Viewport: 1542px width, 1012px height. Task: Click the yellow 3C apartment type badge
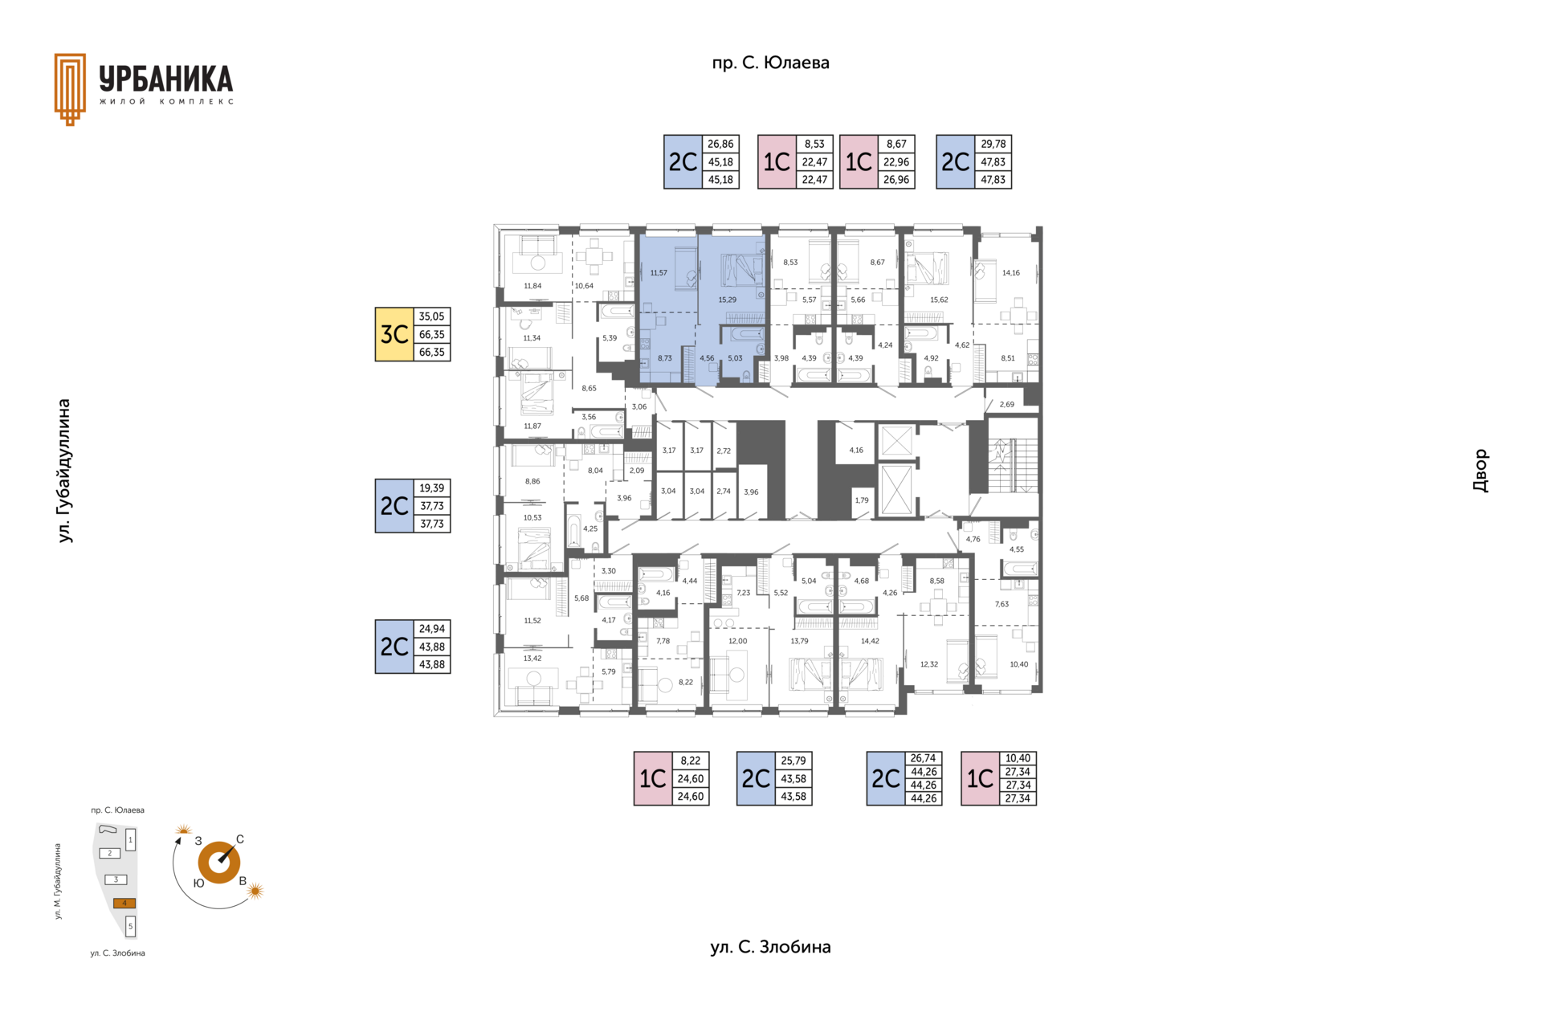pos(394,334)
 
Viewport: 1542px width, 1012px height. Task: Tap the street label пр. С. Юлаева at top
pos(770,63)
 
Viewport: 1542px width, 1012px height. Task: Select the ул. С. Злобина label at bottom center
pos(770,947)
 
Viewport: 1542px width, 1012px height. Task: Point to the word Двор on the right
pos(1480,471)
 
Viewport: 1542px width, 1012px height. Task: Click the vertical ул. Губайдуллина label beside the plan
pos(64,471)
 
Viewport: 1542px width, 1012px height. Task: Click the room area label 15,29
pos(727,300)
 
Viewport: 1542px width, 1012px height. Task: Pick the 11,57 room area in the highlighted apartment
pos(659,273)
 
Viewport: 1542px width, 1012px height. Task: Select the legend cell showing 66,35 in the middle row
pos(431,334)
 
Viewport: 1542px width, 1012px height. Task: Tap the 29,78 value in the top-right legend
pos(993,144)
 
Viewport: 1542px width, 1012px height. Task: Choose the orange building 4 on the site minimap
pos(124,903)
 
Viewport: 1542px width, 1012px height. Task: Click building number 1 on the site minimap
pos(130,840)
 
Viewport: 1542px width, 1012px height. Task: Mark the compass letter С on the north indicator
pos(240,839)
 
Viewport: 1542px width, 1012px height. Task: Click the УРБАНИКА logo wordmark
pos(166,80)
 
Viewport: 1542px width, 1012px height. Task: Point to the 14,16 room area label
pos(1010,273)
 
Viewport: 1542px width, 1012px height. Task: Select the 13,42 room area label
pos(532,659)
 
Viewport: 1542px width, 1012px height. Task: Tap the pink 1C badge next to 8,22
pos(653,778)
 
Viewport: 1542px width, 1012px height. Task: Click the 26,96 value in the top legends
pos(896,180)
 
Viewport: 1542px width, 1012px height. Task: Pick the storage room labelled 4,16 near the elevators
pos(856,451)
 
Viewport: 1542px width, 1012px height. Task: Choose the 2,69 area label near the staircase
pos(1006,405)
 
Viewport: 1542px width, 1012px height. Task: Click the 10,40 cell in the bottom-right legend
pos(1018,758)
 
